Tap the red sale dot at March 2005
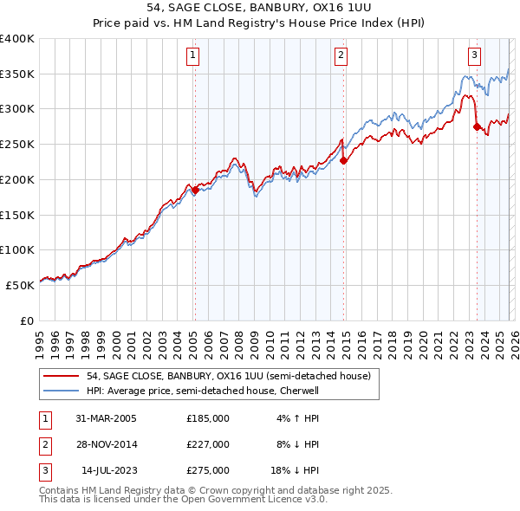[195, 191]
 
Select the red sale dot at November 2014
[344, 160]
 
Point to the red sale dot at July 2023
[477, 126]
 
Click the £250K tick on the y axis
[17, 145]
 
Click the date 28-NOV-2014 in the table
[107, 444]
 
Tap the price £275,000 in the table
[208, 471]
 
